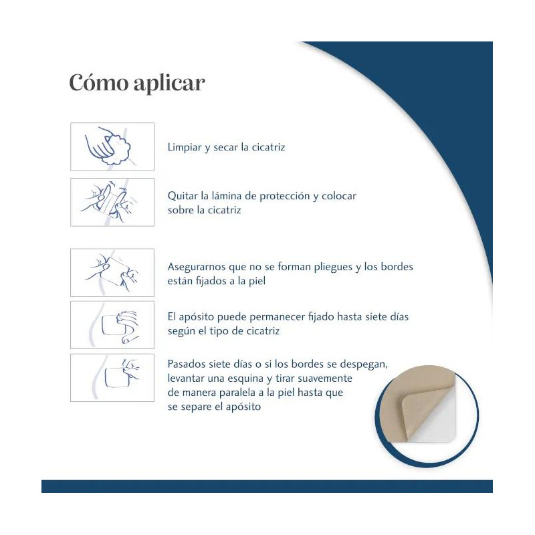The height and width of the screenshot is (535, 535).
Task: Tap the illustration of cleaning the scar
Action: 112,146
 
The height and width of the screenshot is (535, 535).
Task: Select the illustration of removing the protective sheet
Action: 112,202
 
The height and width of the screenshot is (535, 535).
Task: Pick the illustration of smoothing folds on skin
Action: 112,272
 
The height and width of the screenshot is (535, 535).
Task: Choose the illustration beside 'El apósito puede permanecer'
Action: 112,325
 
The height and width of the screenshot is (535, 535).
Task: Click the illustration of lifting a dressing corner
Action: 112,378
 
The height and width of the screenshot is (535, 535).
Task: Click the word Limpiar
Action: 185,147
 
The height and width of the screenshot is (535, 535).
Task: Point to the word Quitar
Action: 182,196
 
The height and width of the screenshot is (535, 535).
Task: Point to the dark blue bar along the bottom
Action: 267,486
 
